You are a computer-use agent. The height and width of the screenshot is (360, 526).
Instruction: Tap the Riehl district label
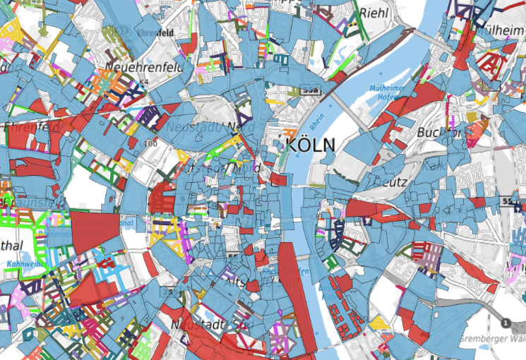[x=375, y=13]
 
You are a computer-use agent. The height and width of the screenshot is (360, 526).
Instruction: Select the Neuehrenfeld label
[x=144, y=66]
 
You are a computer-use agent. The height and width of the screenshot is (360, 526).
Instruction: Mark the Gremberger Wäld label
[x=488, y=338]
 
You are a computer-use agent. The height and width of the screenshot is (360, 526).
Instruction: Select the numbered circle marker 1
[x=506, y=323]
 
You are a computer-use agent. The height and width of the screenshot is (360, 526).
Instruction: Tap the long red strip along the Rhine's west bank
[x=291, y=282]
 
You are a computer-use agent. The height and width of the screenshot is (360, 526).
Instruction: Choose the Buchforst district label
[x=438, y=132]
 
